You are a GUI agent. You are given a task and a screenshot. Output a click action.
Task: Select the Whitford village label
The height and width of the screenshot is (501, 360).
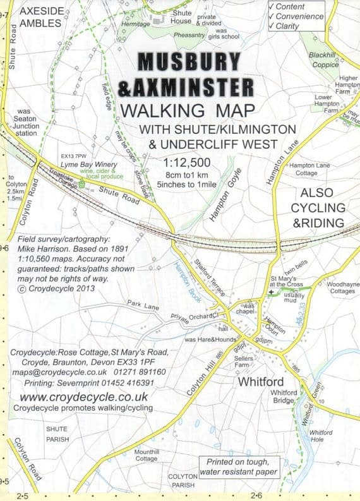(260, 382)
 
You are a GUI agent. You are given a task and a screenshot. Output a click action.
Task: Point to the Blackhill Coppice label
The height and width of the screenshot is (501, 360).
(324, 59)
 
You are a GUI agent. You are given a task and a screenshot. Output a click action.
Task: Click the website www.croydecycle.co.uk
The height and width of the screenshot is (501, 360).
(83, 397)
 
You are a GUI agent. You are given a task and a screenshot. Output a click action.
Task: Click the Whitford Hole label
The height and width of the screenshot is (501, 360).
(321, 436)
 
